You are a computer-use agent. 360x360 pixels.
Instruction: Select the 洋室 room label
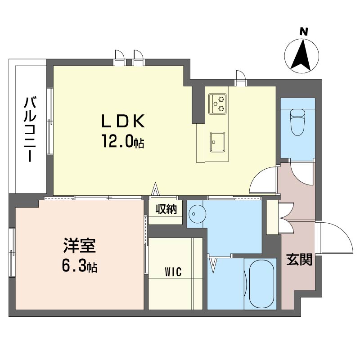pyautogui.click(x=79, y=246)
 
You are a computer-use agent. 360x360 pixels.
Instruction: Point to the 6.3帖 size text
pyautogui.click(x=79, y=266)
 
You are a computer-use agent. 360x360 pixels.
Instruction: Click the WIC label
pyautogui.click(x=173, y=272)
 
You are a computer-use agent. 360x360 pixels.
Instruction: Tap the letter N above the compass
pyautogui.click(x=304, y=31)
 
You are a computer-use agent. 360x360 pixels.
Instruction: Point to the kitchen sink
pyautogui.click(x=217, y=142)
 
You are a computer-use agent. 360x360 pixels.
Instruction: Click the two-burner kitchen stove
pyautogui.click(x=217, y=103)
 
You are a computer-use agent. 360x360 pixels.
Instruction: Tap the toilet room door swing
pyautogui.click(x=301, y=171)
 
